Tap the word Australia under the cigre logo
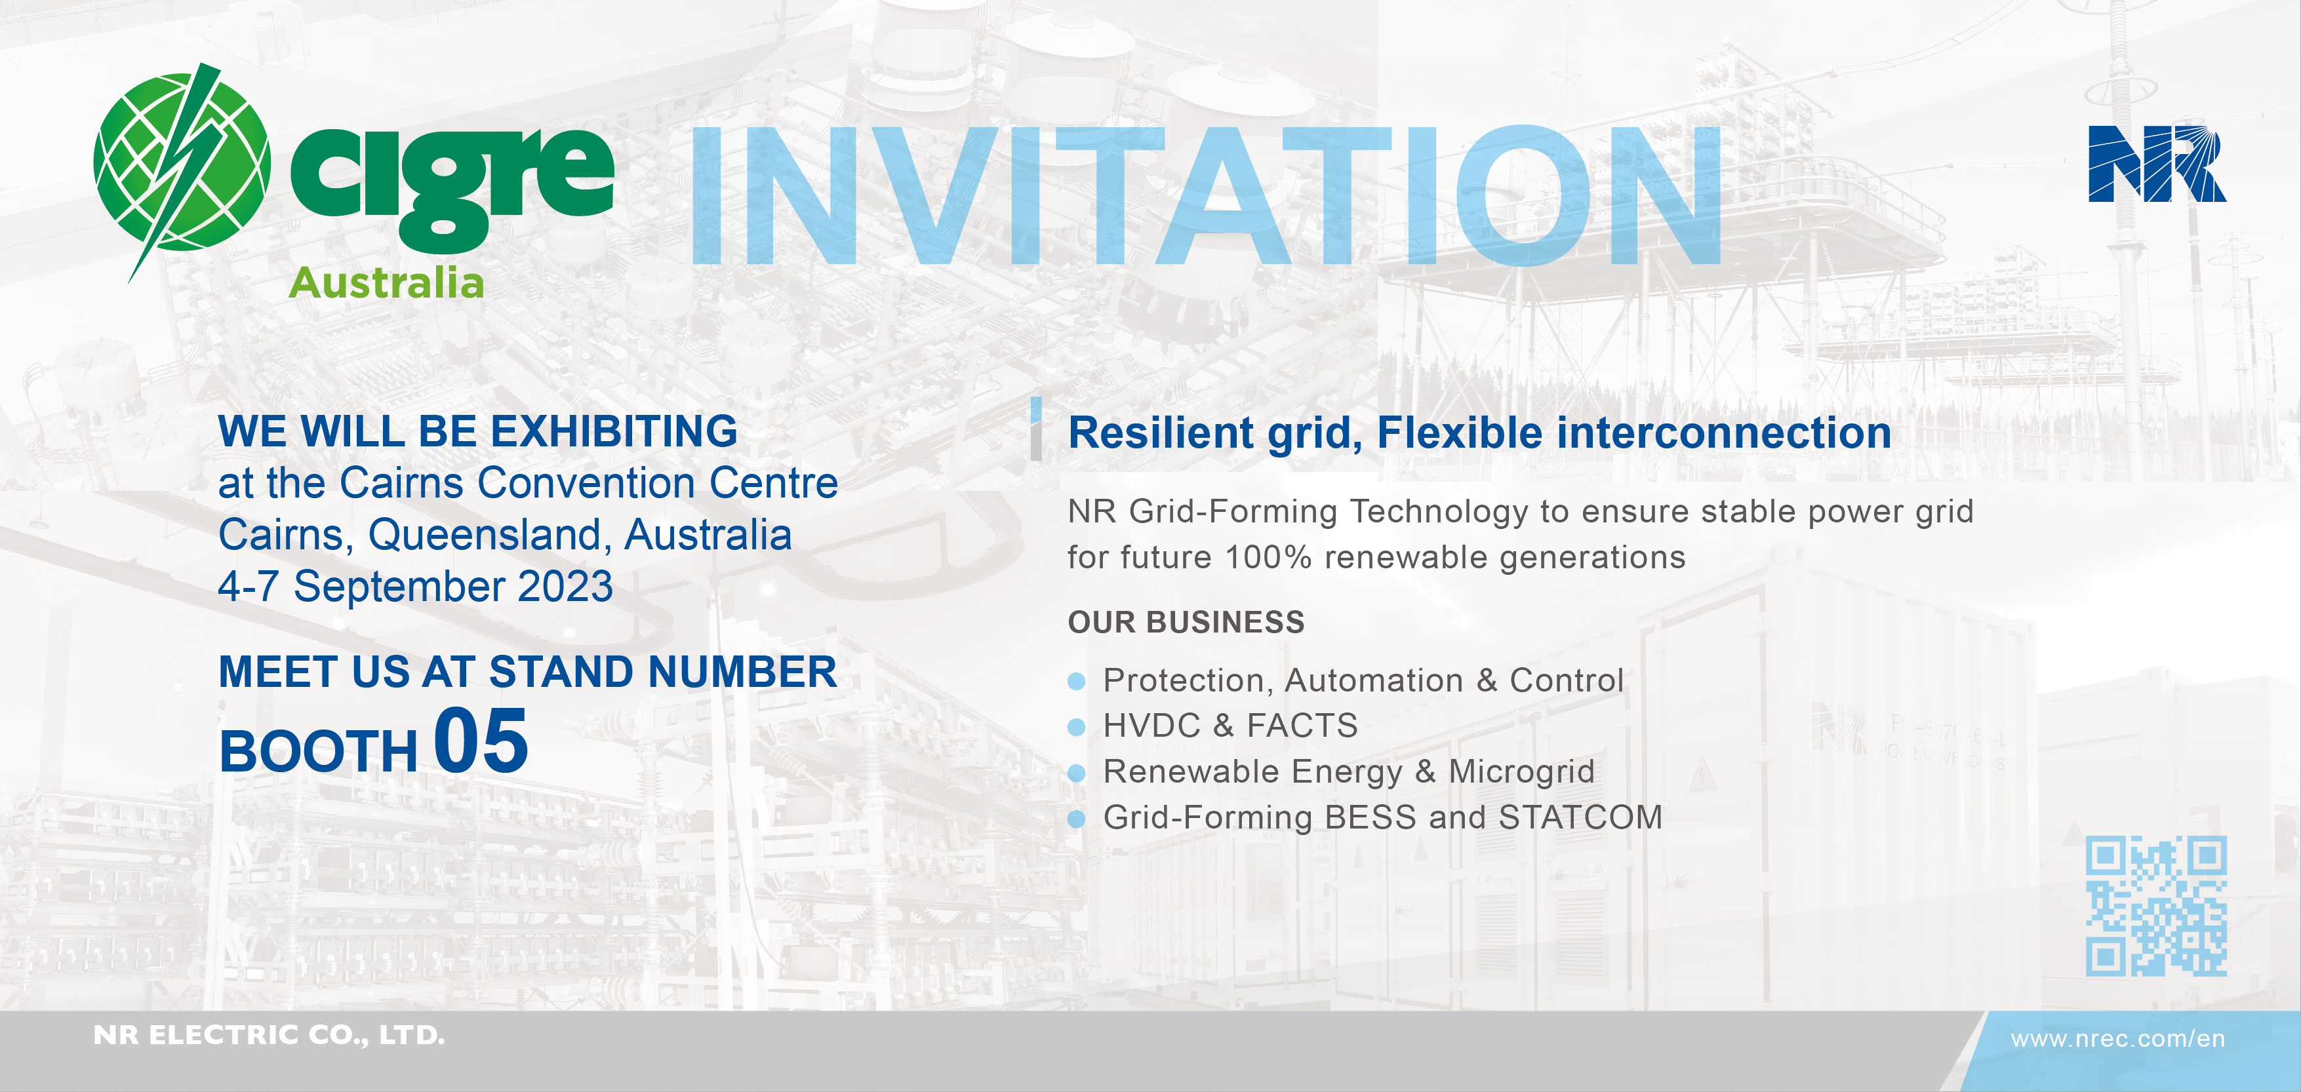pyautogui.click(x=386, y=283)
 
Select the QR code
pyautogui.click(x=2156, y=905)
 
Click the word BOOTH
pyautogui.click(x=318, y=751)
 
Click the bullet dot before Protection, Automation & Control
pyautogui.click(x=1076, y=681)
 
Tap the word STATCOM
pyautogui.click(x=1580, y=817)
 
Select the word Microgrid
pyautogui.click(x=1521, y=772)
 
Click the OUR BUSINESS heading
pyautogui.click(x=1186, y=622)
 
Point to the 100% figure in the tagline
pyautogui.click(x=1268, y=557)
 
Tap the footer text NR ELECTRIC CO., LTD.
pyautogui.click(x=269, y=1035)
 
